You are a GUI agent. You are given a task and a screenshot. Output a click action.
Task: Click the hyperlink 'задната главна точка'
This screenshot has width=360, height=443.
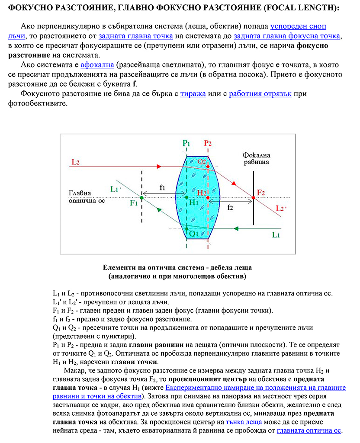(136, 36)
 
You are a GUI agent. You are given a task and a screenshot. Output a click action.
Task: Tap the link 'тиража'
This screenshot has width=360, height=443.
(193, 93)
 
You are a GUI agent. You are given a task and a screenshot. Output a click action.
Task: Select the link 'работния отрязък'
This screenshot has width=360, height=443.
(261, 93)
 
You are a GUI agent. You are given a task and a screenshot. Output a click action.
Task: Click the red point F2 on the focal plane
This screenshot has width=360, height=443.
(254, 198)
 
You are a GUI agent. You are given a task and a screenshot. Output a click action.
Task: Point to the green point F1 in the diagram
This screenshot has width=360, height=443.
(141, 198)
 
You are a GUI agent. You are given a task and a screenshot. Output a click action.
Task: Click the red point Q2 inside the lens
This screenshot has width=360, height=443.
(208, 166)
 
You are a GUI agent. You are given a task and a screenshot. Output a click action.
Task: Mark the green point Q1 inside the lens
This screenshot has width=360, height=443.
(186, 228)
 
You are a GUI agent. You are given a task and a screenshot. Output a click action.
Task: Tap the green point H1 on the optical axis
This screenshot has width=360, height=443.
(186, 198)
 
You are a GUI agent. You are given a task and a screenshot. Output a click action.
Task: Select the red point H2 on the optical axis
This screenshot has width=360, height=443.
(208, 198)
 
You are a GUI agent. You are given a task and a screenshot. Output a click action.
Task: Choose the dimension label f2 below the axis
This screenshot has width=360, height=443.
(230, 207)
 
